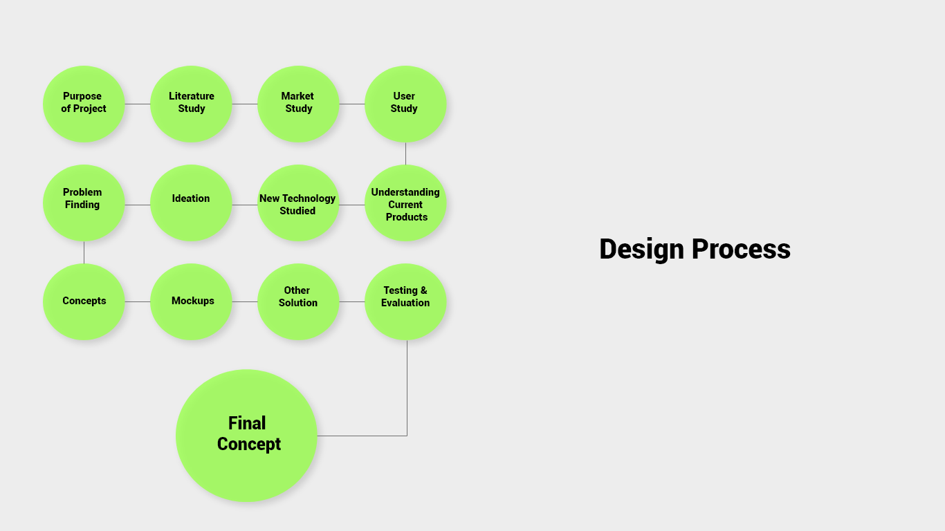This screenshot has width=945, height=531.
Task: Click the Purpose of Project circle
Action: coord(84,104)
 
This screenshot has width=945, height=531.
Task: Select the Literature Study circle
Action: coord(191,104)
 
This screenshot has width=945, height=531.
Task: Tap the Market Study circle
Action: coord(298,104)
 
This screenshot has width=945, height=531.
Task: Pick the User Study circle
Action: coord(405,104)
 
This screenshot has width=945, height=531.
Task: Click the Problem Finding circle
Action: coord(84,203)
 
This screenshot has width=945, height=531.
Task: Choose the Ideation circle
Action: coord(191,203)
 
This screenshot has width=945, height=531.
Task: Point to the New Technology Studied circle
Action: coord(298,203)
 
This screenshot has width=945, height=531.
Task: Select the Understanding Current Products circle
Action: coord(405,203)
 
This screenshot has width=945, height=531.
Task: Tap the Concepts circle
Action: coord(84,302)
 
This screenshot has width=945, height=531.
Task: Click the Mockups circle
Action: coord(191,302)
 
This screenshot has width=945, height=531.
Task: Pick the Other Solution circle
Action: coord(298,302)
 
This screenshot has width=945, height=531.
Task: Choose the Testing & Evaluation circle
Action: coord(405,302)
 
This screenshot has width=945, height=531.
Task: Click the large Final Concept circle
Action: coord(246,436)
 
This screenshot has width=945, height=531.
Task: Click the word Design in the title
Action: coord(641,250)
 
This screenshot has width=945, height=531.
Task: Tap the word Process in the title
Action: coord(741,250)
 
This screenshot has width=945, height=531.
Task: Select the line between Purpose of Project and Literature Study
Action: coord(138,104)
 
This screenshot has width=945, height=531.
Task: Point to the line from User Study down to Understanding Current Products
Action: coord(405,153)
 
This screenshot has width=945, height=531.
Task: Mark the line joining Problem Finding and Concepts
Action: coord(84,252)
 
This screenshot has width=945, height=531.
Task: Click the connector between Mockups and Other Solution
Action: coord(245,301)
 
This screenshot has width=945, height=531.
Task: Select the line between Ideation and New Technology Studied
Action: coord(245,205)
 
